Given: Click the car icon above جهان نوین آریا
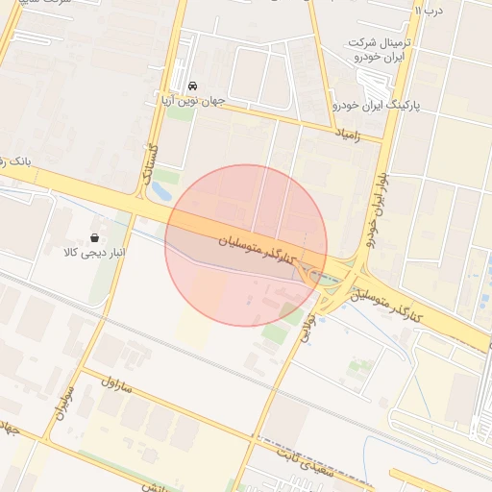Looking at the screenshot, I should coord(192,86).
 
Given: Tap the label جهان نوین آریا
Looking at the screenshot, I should coord(192,101).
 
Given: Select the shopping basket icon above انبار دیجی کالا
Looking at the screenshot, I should coord(95,236).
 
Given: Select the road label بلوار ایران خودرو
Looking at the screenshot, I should coord(377,204).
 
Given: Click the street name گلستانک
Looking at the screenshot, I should coord(149,162).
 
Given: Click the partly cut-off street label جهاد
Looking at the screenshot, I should coord(10,427).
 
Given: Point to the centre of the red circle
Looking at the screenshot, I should coord(246,245).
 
